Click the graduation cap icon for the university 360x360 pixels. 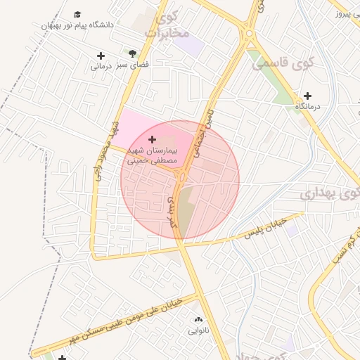point(77,14)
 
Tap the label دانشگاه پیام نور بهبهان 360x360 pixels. point(77,25)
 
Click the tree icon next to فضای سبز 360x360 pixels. point(132,53)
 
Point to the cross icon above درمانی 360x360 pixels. point(101,56)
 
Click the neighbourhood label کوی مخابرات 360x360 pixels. point(167,25)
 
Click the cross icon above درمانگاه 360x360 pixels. point(307,96)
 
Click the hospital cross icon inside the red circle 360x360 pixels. point(153,140)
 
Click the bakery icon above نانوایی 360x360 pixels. point(198,319)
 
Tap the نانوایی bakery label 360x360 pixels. point(198,329)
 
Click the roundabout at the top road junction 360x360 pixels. point(248,32)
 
